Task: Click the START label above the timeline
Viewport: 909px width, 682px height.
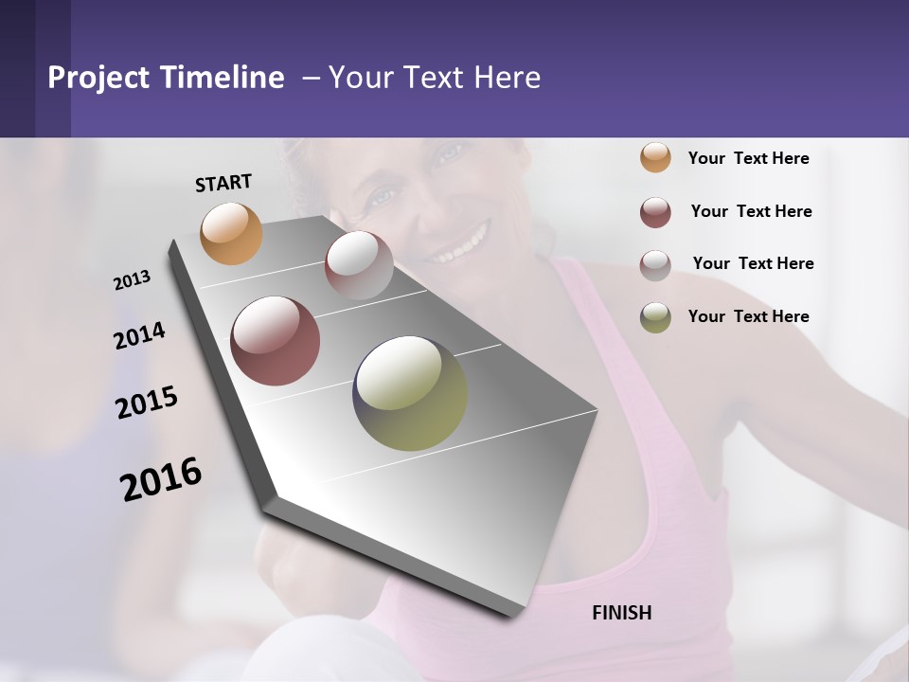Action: pos(223,183)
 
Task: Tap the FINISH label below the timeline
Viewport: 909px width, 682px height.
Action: pos(621,613)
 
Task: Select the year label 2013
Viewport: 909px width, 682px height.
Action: pos(132,280)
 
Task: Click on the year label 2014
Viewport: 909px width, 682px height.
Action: pos(139,335)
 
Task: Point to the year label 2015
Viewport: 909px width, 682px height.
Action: pos(146,403)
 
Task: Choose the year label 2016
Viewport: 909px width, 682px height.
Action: pos(161,479)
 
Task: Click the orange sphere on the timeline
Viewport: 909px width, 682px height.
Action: pos(231,233)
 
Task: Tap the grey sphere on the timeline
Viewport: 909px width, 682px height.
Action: pos(359,264)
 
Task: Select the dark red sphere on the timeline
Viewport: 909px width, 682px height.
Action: pos(275,341)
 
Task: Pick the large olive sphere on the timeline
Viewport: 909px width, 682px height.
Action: pos(410,393)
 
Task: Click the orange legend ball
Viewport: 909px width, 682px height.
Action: pos(655,157)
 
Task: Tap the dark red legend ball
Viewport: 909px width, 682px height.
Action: pos(655,212)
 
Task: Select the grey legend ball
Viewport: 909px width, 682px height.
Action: pos(655,265)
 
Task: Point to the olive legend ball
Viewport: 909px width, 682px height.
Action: pos(655,317)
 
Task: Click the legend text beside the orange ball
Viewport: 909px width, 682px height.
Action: pos(748,158)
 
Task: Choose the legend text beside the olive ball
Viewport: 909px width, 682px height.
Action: pos(748,316)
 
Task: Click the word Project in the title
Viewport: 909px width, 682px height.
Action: pos(98,78)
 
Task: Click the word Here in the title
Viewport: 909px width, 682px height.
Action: pos(507,78)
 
